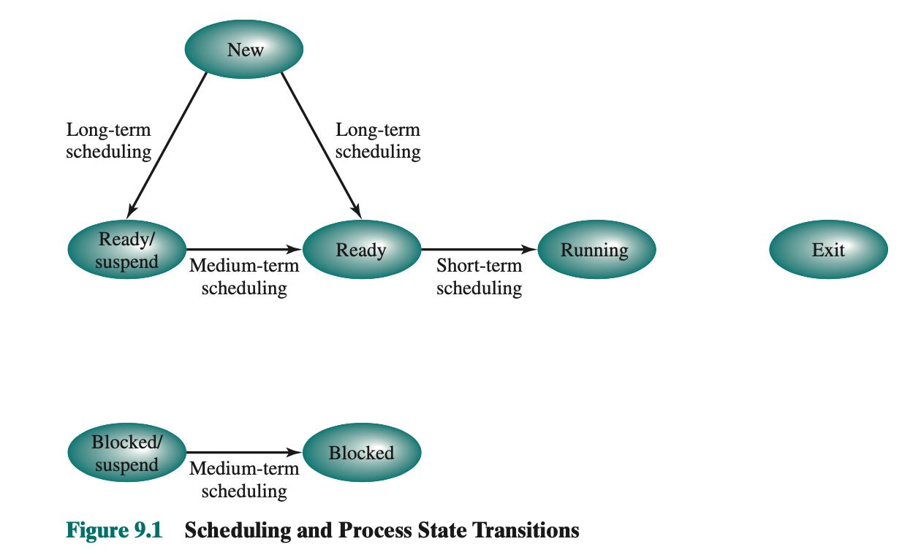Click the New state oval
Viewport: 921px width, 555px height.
[244, 50]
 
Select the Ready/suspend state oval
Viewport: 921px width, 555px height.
[126, 250]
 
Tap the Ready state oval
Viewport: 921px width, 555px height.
[361, 250]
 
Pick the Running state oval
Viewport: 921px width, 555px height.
[596, 250]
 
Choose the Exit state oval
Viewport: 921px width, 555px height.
[828, 250]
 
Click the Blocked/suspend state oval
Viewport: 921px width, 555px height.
[126, 453]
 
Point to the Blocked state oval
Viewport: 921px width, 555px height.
[361, 453]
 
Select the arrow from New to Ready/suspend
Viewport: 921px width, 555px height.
[168, 142]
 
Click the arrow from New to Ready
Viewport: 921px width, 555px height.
[320, 142]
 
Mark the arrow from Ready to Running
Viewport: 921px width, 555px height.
[479, 250]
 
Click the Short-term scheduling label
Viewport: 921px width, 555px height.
[479, 277]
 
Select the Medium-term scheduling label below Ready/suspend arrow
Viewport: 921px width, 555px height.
[244, 277]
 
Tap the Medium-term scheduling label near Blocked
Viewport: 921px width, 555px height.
[244, 480]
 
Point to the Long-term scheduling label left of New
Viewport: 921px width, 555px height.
[108, 141]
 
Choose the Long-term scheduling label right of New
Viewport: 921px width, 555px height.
[378, 141]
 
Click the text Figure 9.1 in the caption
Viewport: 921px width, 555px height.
[113, 530]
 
